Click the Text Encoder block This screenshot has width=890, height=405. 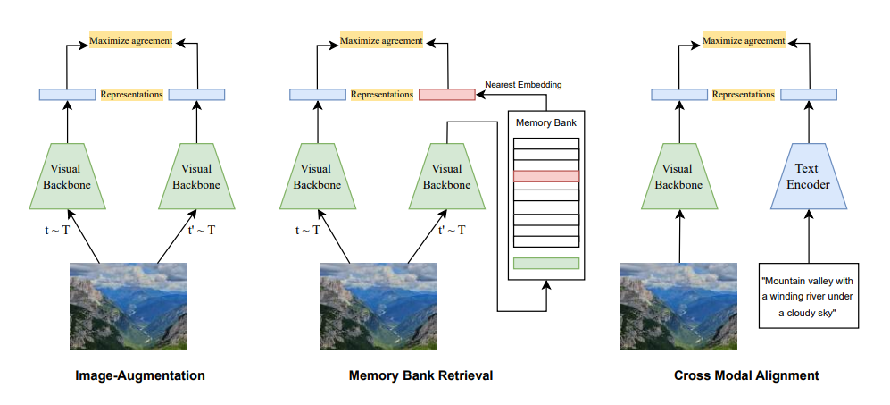point(808,176)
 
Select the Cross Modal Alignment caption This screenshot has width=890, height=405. point(746,376)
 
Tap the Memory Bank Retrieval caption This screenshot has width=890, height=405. point(420,376)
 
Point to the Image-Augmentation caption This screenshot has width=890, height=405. point(139,376)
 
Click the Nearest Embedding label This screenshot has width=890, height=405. point(523,85)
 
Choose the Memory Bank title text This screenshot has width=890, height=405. point(546,121)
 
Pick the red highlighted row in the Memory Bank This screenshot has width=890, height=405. point(546,176)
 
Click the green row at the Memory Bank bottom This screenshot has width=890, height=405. point(546,263)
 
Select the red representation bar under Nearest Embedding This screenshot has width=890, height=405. point(446,94)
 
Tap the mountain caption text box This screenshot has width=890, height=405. point(808,295)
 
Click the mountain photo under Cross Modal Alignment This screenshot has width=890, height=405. point(679,306)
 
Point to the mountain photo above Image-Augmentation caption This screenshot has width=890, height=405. point(129,306)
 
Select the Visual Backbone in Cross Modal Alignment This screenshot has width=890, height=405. point(679,176)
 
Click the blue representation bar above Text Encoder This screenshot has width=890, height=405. point(808,94)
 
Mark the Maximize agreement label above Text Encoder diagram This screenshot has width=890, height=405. point(744,41)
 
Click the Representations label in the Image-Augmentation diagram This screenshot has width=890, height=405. point(131,94)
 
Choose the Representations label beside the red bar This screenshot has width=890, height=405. point(381,94)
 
